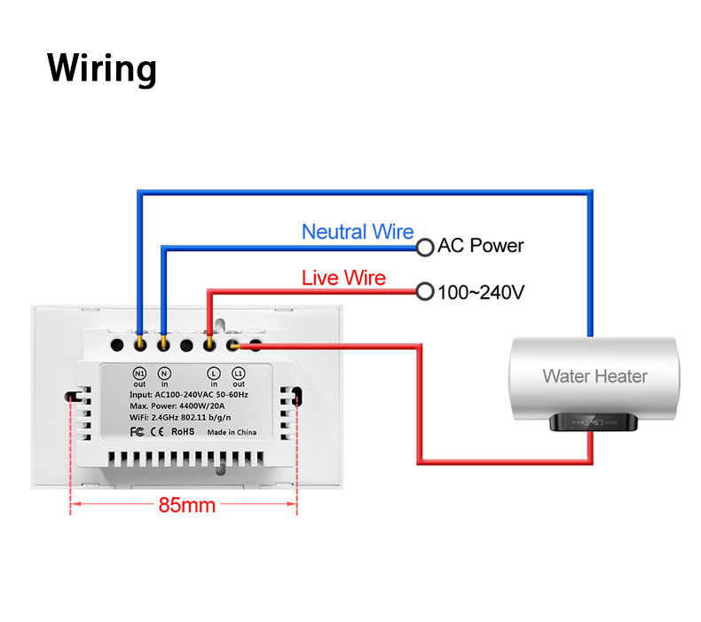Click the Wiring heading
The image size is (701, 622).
101,68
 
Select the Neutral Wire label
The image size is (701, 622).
358,232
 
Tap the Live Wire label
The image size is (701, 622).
343,278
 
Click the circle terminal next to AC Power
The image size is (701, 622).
425,247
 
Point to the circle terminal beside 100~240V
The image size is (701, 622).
425,290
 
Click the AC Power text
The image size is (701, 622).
481,246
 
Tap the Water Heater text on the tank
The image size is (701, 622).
595,375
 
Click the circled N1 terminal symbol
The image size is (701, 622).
139,373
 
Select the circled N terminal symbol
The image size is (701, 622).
164,373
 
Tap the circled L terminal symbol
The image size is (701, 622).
213,373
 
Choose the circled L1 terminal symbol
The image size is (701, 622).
238,373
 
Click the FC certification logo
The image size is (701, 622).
137,431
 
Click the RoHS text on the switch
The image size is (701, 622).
182,431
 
